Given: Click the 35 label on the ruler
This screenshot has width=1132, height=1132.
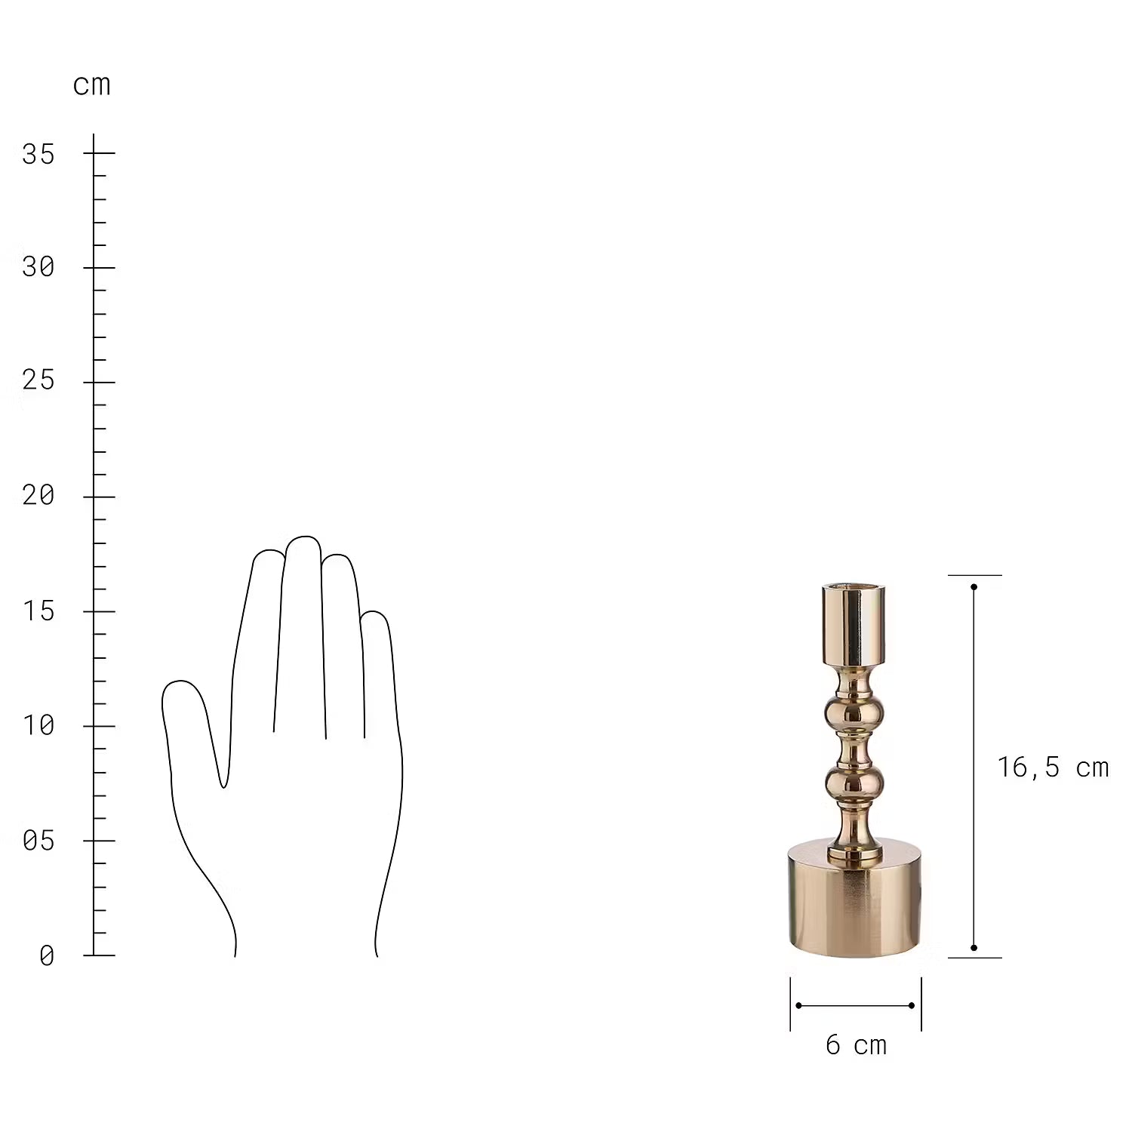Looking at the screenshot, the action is pyautogui.click(x=38, y=154).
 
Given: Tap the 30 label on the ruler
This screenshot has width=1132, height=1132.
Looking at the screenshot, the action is pyautogui.click(x=38, y=266).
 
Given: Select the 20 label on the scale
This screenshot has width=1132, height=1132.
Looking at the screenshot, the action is pyautogui.click(x=38, y=495).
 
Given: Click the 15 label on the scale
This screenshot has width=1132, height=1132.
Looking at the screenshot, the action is pyautogui.click(x=38, y=611).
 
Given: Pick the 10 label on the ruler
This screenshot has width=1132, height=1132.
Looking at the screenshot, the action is pyautogui.click(x=38, y=725).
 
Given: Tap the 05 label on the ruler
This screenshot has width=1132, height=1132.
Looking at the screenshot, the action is pyautogui.click(x=38, y=840).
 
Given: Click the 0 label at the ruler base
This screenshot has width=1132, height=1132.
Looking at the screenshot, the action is pyautogui.click(x=47, y=955).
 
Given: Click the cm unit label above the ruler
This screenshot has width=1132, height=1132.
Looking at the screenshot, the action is pyautogui.click(x=92, y=85).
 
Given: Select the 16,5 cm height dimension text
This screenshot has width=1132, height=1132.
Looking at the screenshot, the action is pyautogui.click(x=1054, y=767).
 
